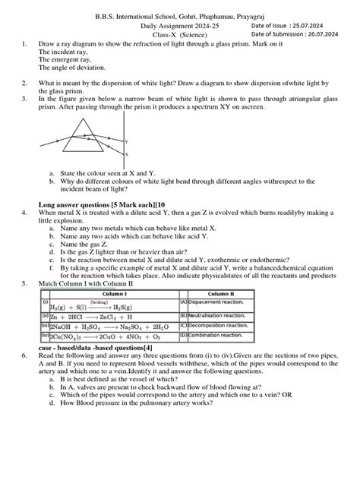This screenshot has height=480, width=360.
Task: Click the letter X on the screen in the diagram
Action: pos(126,154)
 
